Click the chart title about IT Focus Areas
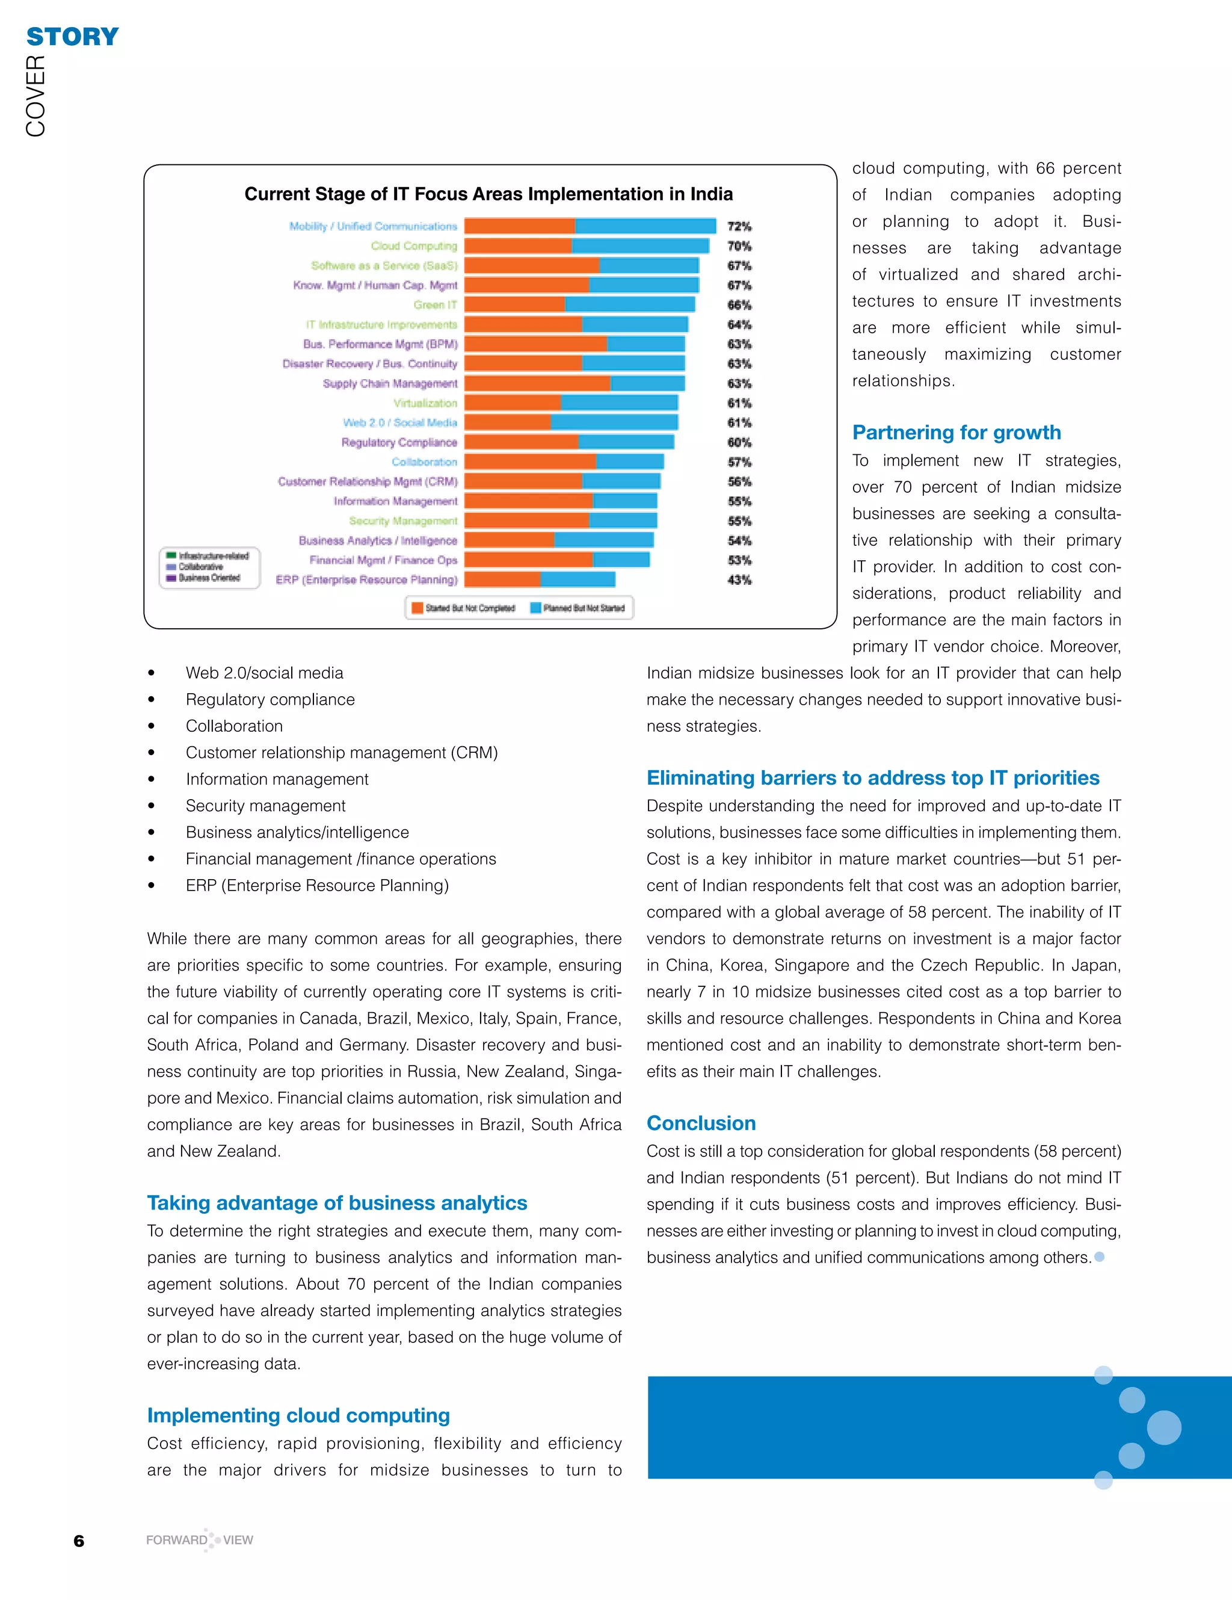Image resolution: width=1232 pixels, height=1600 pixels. [x=488, y=194]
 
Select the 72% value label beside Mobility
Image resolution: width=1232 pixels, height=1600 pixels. [x=739, y=226]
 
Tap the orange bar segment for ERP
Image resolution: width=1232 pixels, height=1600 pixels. [x=502, y=579]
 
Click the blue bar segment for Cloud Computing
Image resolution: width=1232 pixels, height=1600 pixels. [x=639, y=246]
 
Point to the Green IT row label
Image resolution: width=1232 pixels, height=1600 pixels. [x=435, y=304]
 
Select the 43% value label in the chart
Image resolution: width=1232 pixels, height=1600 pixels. [x=739, y=580]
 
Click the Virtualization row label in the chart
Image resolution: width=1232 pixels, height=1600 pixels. [x=425, y=403]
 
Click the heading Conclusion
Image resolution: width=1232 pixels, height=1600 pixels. [x=701, y=1123]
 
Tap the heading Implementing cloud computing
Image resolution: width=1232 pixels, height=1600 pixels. [x=298, y=1415]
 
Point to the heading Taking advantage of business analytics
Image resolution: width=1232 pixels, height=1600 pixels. [x=337, y=1203]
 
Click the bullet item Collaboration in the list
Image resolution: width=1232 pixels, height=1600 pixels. [x=233, y=726]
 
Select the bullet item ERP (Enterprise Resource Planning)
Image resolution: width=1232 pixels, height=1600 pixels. [x=316, y=886]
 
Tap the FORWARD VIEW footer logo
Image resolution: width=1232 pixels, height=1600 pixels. [x=199, y=1540]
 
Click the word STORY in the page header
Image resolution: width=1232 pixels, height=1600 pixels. [x=73, y=37]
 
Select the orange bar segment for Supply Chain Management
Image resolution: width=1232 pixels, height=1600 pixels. [x=537, y=383]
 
